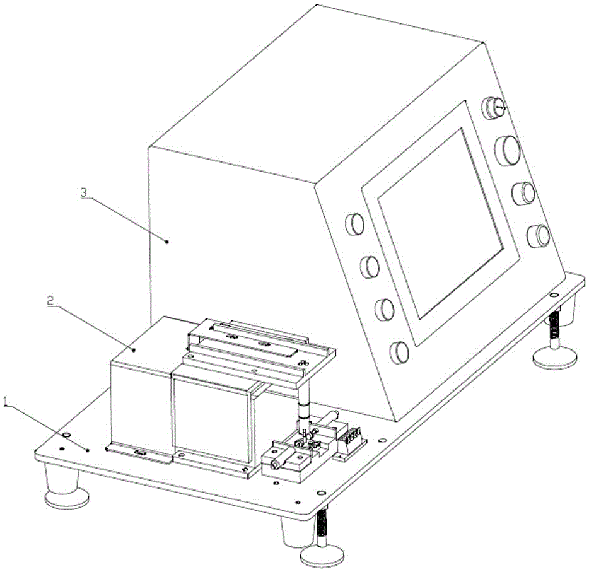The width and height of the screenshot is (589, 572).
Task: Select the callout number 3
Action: pos(84,193)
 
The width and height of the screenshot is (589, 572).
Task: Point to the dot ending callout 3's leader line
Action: pos(166,240)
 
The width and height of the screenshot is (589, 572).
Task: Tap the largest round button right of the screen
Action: pos(508,150)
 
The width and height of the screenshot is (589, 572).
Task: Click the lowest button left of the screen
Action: pos(399,352)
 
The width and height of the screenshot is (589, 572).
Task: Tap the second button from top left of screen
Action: pos(370,266)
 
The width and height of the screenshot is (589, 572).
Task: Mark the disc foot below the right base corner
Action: pos(553,359)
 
